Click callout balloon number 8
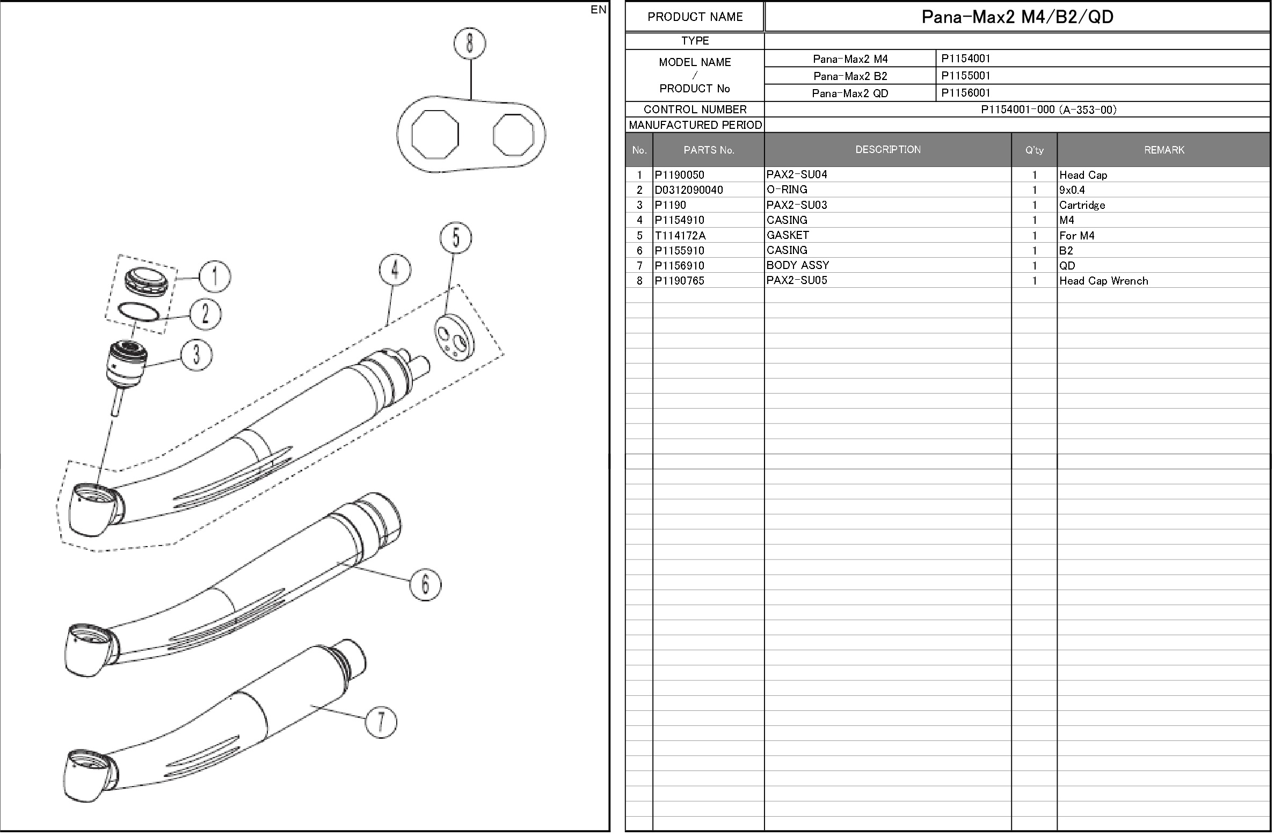(470, 43)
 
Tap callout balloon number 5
(456, 238)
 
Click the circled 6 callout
(426, 584)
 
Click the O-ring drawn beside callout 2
(139, 312)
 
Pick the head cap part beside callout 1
(150, 281)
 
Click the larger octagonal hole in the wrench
(435, 134)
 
